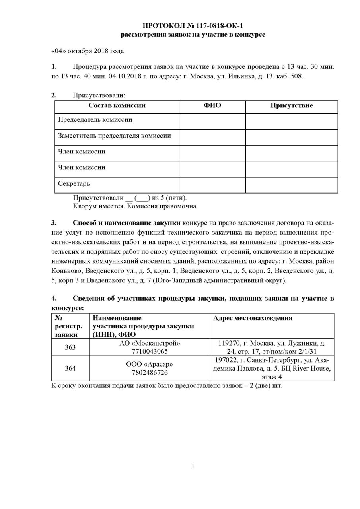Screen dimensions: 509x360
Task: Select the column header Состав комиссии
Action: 117,106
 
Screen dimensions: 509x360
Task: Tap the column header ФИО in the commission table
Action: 212,106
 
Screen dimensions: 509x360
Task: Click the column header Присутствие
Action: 291,106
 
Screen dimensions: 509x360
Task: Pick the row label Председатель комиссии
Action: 95,120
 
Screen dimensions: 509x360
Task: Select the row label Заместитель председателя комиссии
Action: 115,136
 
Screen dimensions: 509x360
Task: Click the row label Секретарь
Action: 74,184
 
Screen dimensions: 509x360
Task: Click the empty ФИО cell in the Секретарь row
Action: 212,184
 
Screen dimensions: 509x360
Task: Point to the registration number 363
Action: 70,347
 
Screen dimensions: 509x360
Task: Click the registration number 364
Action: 70,368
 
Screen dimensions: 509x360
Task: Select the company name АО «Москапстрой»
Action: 150,343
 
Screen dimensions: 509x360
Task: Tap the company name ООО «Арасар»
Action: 150,365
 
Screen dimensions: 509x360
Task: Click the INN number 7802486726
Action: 150,373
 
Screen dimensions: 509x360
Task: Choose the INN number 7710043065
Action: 150,352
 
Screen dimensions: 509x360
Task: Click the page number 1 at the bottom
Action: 193,466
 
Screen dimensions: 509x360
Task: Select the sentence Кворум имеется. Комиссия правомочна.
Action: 135,206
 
